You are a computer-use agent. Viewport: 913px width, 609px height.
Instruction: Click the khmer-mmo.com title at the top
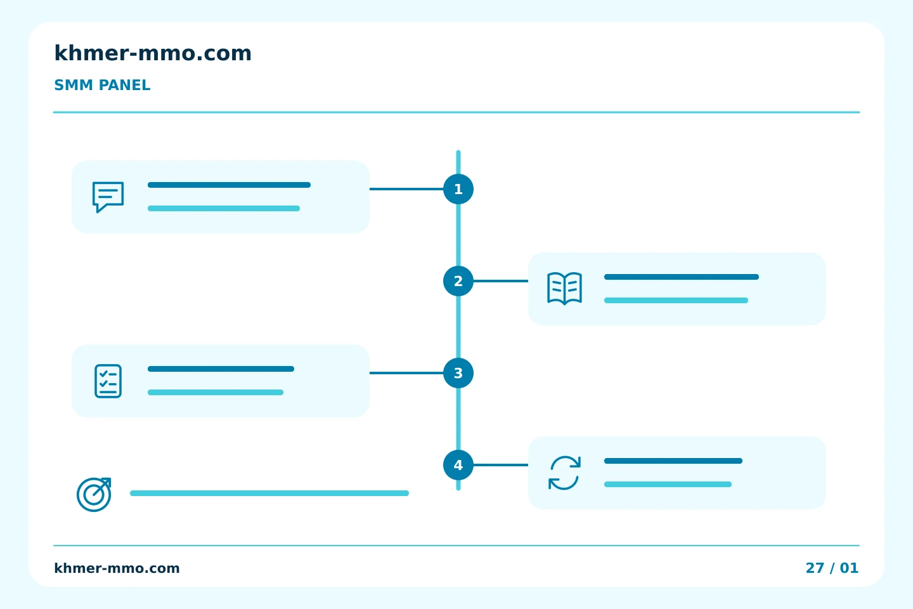tap(153, 53)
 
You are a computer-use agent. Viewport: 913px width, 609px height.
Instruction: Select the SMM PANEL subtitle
tap(102, 85)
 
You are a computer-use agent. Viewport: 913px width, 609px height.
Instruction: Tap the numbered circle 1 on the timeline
tap(458, 189)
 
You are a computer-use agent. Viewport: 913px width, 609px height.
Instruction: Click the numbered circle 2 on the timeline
tap(458, 281)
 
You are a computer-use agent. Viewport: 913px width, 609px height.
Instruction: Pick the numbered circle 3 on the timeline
tap(458, 373)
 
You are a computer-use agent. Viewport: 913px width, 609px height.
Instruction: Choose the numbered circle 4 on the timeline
tap(458, 465)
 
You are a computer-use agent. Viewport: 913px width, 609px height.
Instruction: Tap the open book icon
tap(564, 289)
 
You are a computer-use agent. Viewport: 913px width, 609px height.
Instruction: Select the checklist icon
tap(108, 381)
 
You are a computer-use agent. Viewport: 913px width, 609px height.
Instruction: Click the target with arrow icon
tap(94, 494)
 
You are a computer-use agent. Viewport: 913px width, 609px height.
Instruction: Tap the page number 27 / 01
tap(832, 568)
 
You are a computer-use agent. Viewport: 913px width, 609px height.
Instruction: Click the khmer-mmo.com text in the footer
tap(117, 568)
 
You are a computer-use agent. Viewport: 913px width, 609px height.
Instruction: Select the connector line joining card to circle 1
tap(406, 189)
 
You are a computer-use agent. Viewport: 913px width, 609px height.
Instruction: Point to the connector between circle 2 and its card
tap(501, 281)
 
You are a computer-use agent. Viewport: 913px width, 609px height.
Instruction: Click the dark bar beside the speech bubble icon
tap(229, 185)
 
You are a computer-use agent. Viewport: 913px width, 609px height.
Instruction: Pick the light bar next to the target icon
tap(269, 493)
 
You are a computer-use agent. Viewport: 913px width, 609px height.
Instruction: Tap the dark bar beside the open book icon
tap(682, 277)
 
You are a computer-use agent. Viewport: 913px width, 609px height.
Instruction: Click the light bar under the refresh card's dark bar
tap(668, 484)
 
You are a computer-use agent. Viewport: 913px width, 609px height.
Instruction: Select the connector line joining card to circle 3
tap(406, 373)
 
